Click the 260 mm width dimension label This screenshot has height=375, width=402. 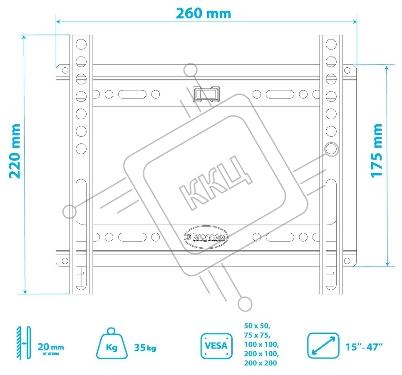(203, 13)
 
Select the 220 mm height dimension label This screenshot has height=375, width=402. (15, 150)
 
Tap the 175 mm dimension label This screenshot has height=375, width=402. (377, 150)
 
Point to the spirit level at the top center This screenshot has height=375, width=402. (206, 93)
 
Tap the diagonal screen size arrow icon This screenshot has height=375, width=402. (323, 345)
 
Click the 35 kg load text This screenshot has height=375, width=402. (145, 348)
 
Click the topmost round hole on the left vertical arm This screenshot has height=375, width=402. (81, 43)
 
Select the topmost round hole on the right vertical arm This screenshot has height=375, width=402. (331, 43)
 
